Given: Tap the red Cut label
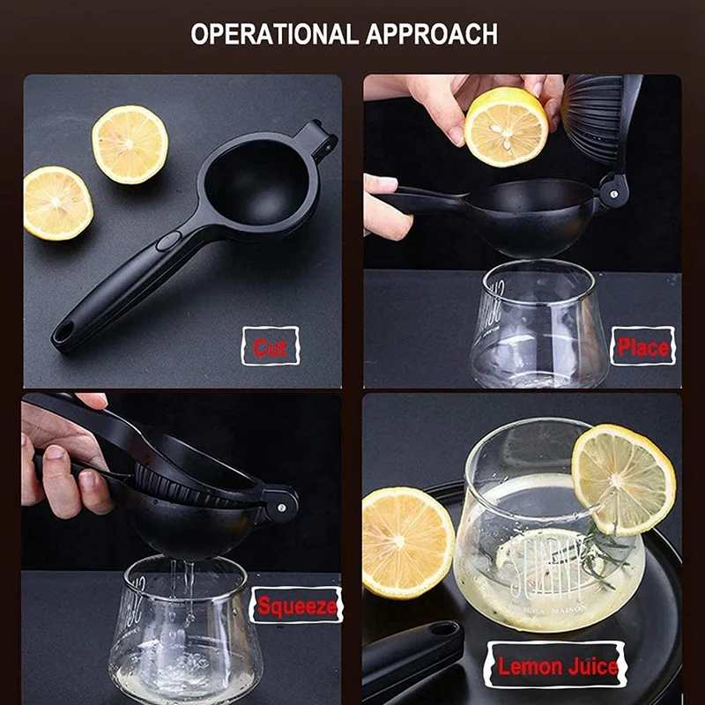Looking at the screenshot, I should (270, 347).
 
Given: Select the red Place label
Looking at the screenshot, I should (642, 346).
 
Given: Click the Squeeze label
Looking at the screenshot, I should (297, 605).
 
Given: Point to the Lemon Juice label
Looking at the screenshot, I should (557, 666).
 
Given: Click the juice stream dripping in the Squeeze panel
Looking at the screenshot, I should (188, 586).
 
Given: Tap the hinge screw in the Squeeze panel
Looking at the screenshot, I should (279, 507).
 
